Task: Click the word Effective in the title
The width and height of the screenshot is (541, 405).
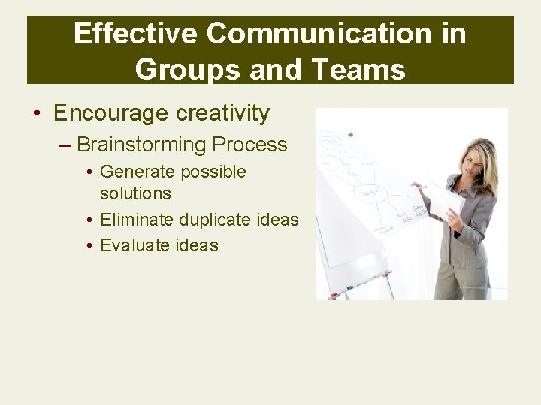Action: pos(134,34)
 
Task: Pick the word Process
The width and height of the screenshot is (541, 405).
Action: pos(249,144)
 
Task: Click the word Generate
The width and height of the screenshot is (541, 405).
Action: pos(137,172)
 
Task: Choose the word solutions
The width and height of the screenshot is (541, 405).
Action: pos(135,193)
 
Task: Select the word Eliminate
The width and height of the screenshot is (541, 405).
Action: pos(136,220)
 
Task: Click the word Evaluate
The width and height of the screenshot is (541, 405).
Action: pos(133,245)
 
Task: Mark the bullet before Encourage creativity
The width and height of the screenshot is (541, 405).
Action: pos(36,114)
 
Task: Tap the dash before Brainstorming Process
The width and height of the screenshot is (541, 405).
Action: pos(65,145)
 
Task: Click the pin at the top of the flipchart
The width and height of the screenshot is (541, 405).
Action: pos(350,135)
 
